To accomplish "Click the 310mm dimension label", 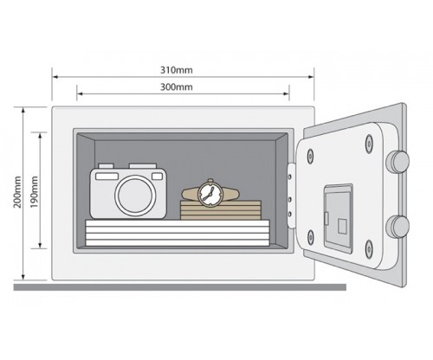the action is (x=177, y=70).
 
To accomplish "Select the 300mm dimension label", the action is (x=177, y=87).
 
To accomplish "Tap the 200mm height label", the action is (x=17, y=192).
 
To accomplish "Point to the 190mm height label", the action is (x=34, y=192).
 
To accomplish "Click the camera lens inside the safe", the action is (x=135, y=196).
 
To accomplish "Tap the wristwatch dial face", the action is (x=210, y=194).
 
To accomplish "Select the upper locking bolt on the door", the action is (x=398, y=162).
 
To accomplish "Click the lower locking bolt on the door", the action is (x=398, y=227).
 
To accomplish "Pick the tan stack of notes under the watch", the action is (x=221, y=210).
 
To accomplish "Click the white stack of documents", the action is (x=178, y=233).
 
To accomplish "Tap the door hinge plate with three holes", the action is (x=291, y=196).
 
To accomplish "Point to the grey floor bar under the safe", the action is (x=180, y=287).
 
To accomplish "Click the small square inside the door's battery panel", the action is (x=343, y=226).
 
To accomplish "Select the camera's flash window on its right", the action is (x=158, y=176).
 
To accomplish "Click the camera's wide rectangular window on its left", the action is (x=107, y=177).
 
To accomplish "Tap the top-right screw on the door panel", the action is (x=369, y=144).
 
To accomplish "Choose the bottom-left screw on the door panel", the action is (x=310, y=237).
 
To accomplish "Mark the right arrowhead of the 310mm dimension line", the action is (x=311, y=77).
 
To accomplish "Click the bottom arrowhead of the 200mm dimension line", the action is (x=23, y=276).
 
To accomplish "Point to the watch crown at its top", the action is (x=210, y=181).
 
